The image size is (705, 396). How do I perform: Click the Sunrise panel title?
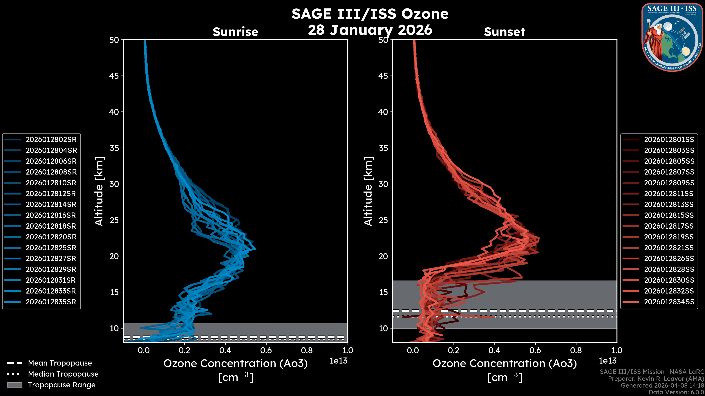tap(235, 32)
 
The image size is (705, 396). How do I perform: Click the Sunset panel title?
tap(504, 32)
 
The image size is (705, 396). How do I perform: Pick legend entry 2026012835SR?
tap(51, 302)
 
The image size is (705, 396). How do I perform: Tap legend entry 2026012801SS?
tap(669, 140)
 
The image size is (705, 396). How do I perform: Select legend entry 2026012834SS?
tap(669, 302)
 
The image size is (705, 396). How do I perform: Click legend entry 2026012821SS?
tap(669, 248)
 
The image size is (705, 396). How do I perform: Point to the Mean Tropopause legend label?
tap(60, 363)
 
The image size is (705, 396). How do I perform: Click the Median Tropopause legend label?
tap(63, 374)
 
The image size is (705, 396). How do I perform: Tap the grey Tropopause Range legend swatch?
tap(15, 385)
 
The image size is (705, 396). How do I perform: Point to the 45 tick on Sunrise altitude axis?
tap(114, 76)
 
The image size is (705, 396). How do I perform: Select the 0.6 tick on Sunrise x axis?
tap(266, 350)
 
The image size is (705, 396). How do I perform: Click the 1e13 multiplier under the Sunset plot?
tap(608, 361)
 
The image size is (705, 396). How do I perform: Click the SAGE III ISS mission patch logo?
tap(672, 37)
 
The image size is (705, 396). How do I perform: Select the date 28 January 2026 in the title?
tap(370, 30)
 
